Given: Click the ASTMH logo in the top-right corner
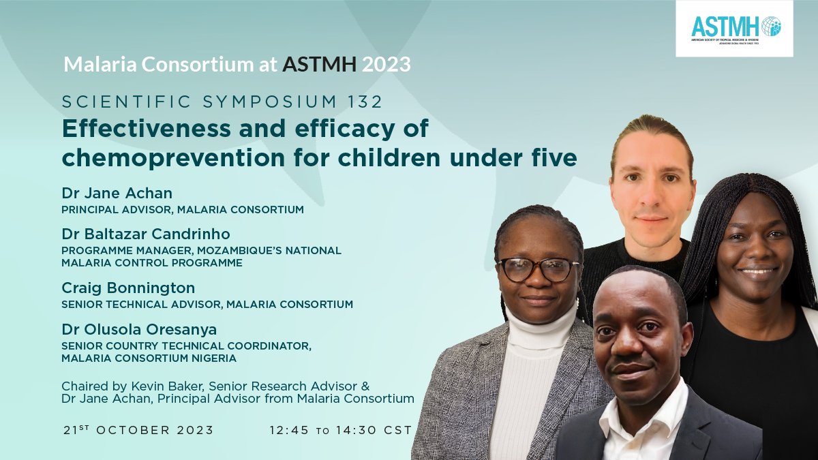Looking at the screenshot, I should click(x=734, y=28).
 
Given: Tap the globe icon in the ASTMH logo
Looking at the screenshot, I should click(x=771, y=26).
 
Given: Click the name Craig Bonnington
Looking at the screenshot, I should click(x=128, y=288).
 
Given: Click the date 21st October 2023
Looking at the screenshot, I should click(x=138, y=430).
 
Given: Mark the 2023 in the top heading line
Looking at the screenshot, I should click(x=387, y=65).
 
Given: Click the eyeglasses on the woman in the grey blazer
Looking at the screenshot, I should click(x=538, y=269).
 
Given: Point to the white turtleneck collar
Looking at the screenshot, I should click(x=539, y=334).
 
